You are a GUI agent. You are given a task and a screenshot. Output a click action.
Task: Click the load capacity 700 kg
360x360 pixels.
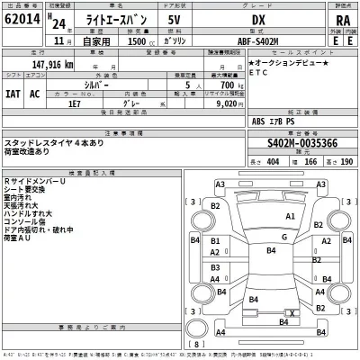[x=230, y=86]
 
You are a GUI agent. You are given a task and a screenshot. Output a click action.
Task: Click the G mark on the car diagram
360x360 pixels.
[x=283, y=236]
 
